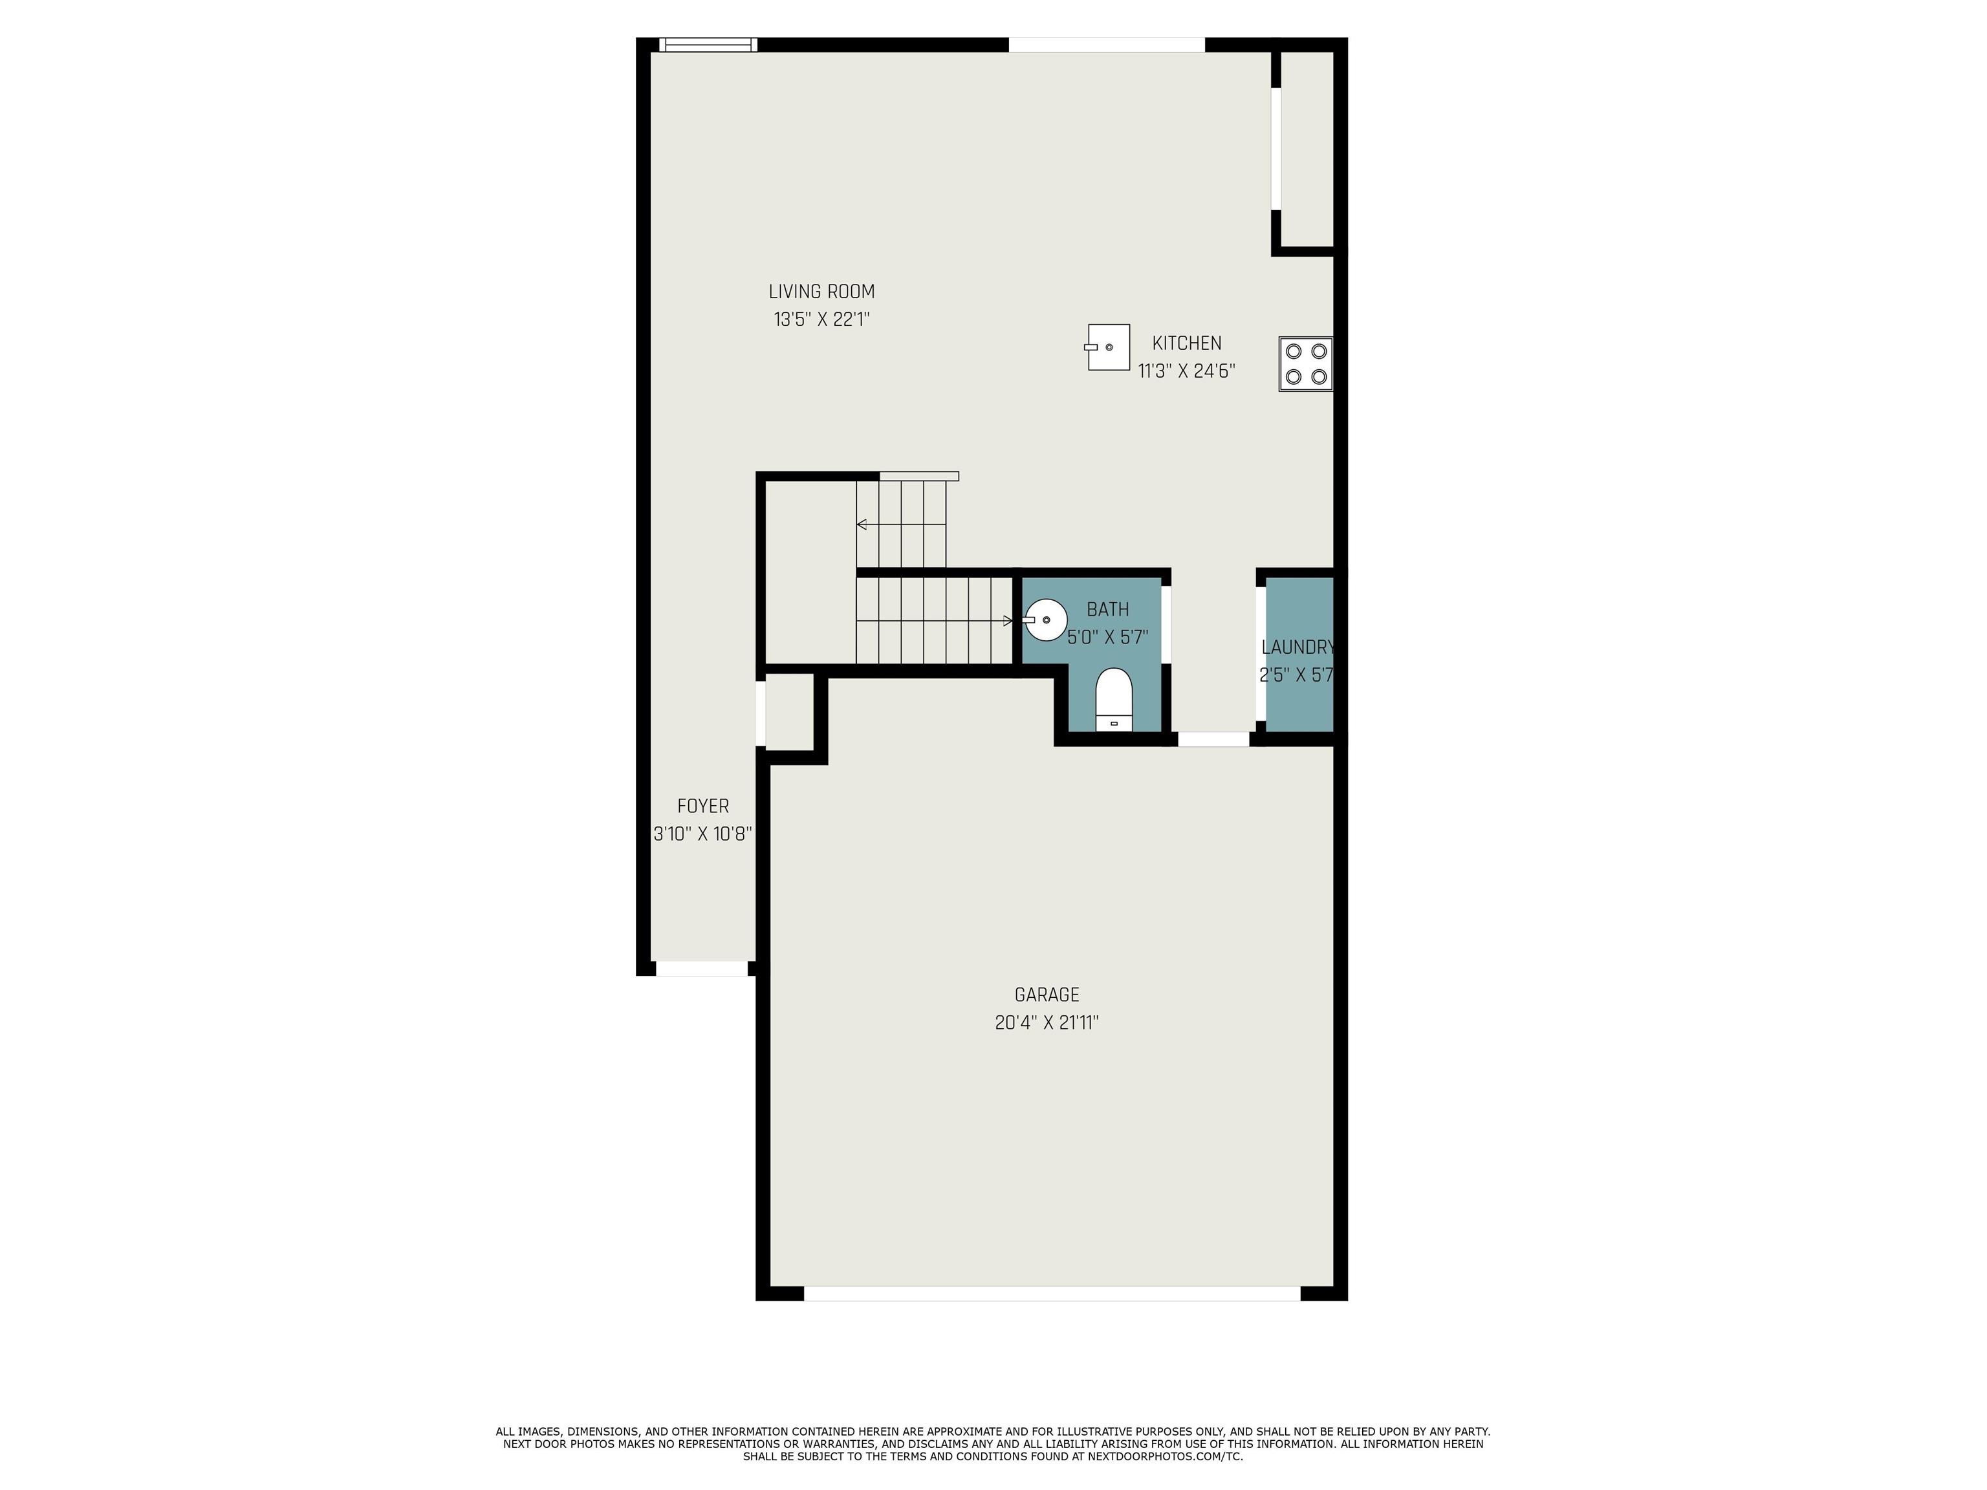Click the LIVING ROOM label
tap(821, 292)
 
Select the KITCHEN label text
tap(1187, 343)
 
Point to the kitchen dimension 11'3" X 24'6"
tap(1187, 371)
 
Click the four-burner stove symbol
tap(1306, 363)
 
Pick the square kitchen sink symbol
tap(1107, 347)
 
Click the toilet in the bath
tap(1114, 698)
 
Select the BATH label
tap(1107, 610)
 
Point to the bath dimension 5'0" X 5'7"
tap(1107, 638)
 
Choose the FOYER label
tap(702, 806)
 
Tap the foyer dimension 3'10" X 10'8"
tap(702, 834)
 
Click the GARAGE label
tap(1047, 995)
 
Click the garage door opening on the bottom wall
tap(1052, 1293)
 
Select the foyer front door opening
tap(702, 968)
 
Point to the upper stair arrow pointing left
tap(901, 524)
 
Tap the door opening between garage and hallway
tap(1213, 739)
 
